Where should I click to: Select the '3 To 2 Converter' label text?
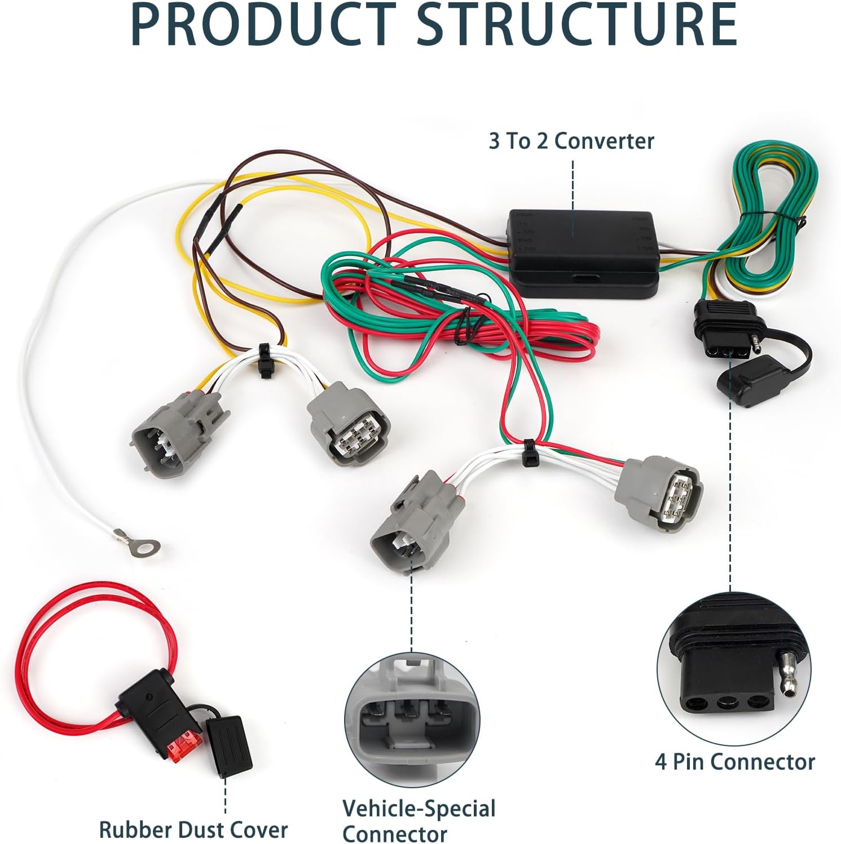pos(571,141)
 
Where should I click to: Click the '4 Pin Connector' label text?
pos(735,762)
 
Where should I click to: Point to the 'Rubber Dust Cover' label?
pos(193,829)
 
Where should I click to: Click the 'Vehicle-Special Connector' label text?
pos(419,820)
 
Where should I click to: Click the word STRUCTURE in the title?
pos(578,25)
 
